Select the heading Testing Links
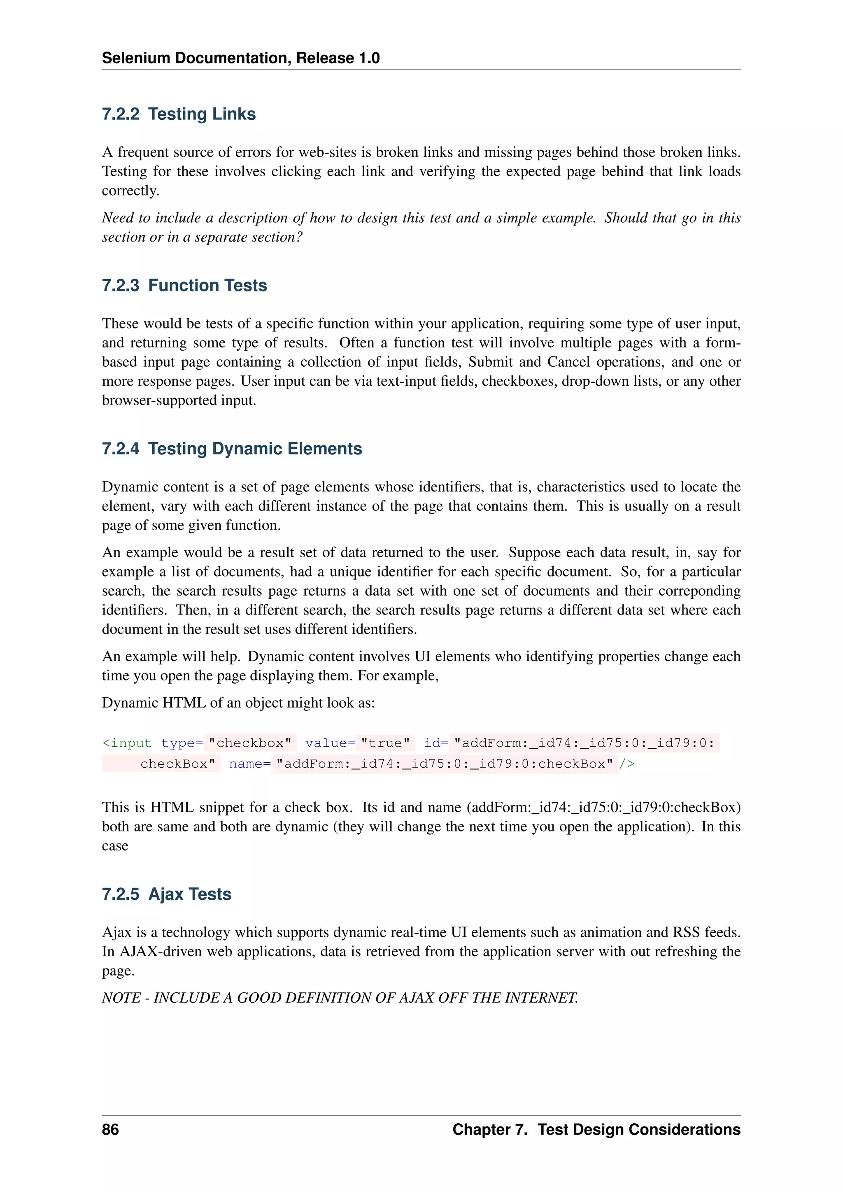[x=202, y=114]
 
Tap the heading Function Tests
[x=207, y=286]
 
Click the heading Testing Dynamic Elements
[x=255, y=449]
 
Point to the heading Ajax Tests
[x=189, y=894]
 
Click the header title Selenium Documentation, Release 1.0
[x=240, y=58]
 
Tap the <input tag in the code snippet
[x=127, y=743]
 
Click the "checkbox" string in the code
[x=250, y=743]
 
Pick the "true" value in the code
[x=385, y=743]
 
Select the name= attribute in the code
[x=249, y=764]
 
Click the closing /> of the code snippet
[x=626, y=764]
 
